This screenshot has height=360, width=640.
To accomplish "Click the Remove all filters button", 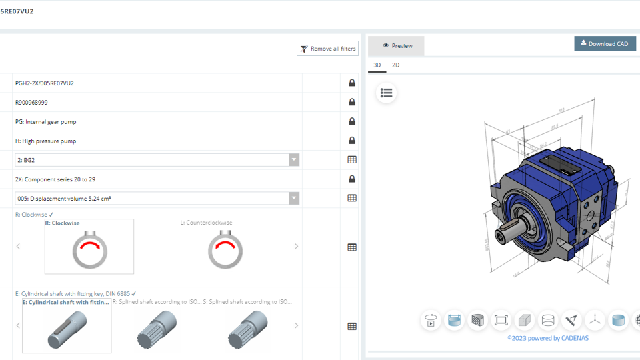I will (327, 49).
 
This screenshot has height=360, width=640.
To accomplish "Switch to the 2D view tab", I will (395, 65).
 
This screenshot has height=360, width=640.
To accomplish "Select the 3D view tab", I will (377, 65).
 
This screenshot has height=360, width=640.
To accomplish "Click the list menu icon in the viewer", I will (386, 93).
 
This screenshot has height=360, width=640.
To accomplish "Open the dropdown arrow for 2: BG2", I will (293, 160).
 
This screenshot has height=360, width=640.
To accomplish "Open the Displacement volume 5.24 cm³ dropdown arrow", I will (293, 198).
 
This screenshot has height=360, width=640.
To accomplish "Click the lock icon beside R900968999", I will (352, 103).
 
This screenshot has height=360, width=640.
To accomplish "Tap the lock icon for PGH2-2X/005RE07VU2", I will (352, 83).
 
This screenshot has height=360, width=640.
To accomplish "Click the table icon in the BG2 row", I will (352, 160).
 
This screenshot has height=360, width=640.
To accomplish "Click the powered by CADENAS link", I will (547, 338).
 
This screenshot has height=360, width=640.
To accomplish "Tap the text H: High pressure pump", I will (45, 141).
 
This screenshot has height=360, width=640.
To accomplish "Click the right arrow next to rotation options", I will (297, 247).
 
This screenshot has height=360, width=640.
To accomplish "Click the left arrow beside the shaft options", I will (18, 326).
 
